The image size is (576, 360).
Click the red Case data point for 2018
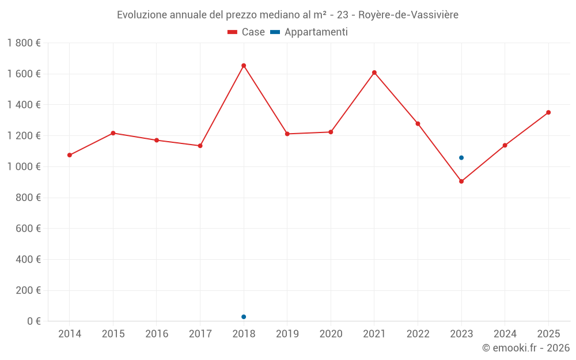244,66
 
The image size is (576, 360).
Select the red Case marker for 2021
374,73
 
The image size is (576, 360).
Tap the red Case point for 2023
461,181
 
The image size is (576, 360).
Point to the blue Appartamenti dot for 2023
461,158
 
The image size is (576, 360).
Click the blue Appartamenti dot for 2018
244,317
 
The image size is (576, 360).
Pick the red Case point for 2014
70,155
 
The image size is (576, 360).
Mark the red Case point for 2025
548,112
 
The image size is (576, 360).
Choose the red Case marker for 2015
113,133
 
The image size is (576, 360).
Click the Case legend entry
247,32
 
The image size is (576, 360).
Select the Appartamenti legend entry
309,32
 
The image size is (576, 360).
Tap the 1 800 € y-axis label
24,43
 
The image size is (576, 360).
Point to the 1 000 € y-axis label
24,166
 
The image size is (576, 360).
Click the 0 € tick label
34,321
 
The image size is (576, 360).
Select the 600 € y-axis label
27,229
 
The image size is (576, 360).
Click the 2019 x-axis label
287,334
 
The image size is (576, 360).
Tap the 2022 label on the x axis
418,334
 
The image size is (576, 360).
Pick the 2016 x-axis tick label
157,334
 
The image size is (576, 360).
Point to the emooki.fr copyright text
526,348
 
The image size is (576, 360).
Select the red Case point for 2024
505,145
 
